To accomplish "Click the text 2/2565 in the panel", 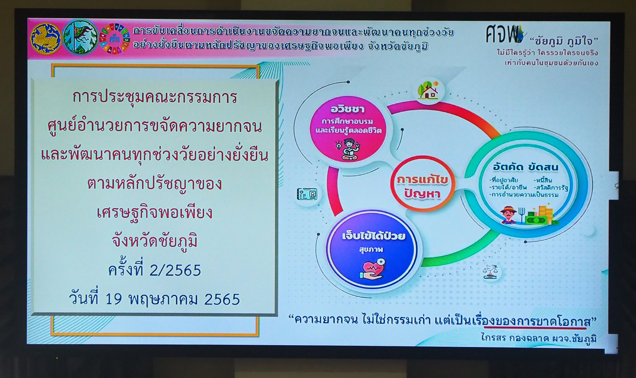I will [x=175, y=271].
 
